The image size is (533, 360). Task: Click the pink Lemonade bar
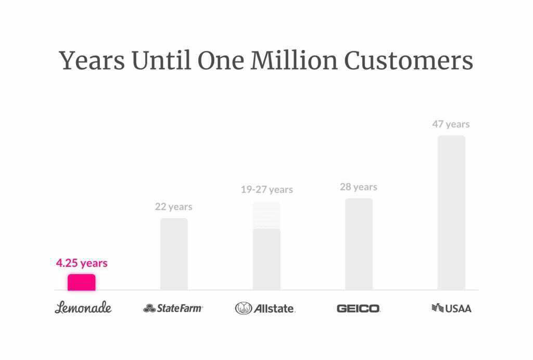pyautogui.click(x=82, y=282)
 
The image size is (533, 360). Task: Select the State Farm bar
pyautogui.click(x=174, y=254)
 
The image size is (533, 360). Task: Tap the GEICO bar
pyautogui.click(x=359, y=244)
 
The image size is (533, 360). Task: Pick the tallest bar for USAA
pyautogui.click(x=451, y=213)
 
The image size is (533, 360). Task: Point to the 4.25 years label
pyautogui.click(x=82, y=263)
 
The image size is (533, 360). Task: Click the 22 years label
pyautogui.click(x=173, y=207)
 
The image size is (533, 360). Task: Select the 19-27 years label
pyautogui.click(x=266, y=189)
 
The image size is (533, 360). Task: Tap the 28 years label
pyautogui.click(x=359, y=187)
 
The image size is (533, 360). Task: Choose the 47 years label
pyautogui.click(x=451, y=124)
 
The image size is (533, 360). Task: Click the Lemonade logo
pyautogui.click(x=83, y=307)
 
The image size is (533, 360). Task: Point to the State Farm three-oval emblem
pyautogui.click(x=149, y=308)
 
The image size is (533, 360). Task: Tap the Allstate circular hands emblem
pyautogui.click(x=243, y=308)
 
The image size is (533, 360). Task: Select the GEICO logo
pyautogui.click(x=359, y=308)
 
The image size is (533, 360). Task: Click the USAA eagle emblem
pyautogui.click(x=437, y=308)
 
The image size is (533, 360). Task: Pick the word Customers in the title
pyautogui.click(x=409, y=61)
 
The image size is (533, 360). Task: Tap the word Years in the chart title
pyautogui.click(x=92, y=61)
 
